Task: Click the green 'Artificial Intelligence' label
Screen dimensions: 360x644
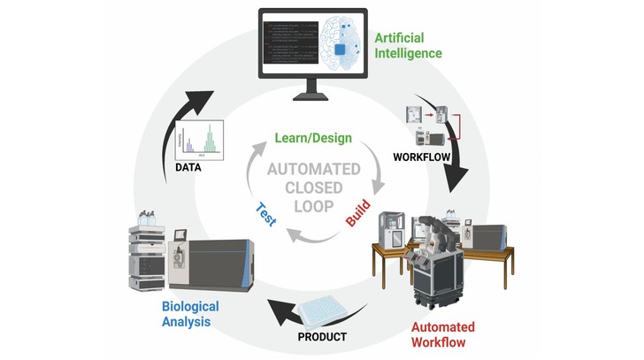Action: [408, 45]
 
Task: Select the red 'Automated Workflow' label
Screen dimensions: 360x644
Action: [443, 333]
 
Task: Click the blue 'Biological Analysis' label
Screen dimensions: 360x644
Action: [189, 314]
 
